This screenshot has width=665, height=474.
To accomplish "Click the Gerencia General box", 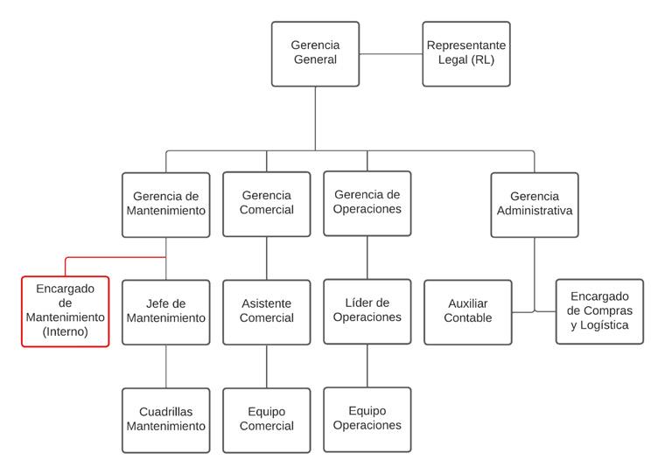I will pos(315,54).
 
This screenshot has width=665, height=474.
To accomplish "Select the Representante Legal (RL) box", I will pos(465,54).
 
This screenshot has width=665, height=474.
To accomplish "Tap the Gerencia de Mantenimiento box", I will pos(166,205).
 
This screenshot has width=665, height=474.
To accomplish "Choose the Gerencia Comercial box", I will pos(267,205).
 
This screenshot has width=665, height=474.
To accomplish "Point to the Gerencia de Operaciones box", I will pos(367,204).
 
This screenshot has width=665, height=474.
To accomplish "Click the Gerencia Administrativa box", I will pos(535,205).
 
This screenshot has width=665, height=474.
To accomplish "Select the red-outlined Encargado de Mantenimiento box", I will pos(66,311).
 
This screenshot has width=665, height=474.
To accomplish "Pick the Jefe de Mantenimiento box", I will pos(166,312).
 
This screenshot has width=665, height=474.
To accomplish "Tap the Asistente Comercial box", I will pos(267,312).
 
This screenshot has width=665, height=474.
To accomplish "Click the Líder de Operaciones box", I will pos(367,311).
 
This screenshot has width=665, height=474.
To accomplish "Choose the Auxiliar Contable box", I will pos(468,312).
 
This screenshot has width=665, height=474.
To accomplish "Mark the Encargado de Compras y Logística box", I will pos(599,311).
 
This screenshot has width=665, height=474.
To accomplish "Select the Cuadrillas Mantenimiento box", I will pos(166,420).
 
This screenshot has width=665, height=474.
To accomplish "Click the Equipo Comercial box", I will pos(267,420).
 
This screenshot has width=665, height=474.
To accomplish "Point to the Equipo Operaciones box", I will pos(367,419).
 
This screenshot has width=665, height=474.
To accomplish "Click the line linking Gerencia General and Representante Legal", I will pos(390,54).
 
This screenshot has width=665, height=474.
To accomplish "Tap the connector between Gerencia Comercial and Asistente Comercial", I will pos(267,258).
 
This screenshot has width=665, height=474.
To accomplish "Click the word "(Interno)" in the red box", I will pos(66,332).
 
